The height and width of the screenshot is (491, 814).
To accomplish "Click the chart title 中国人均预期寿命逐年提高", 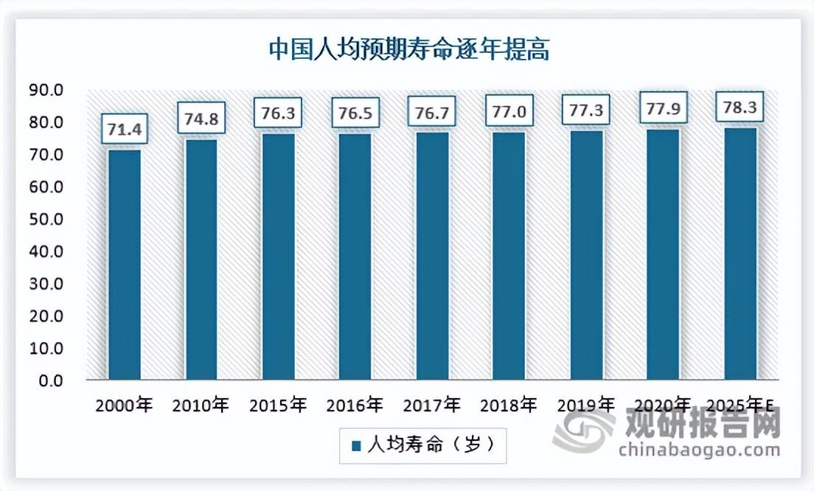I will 408,50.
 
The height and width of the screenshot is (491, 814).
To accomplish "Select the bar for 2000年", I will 125,265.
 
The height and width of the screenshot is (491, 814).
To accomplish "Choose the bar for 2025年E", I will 740,254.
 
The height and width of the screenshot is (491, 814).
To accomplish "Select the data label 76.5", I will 355,114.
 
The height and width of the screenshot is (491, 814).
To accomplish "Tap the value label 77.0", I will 509,113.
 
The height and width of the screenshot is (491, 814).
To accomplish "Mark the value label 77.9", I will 663,110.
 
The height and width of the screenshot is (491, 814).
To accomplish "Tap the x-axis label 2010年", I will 201,405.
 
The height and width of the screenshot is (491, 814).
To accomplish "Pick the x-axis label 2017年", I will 432,405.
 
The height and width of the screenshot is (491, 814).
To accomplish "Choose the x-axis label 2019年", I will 585,405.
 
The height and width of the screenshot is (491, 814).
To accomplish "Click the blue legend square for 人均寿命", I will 356,446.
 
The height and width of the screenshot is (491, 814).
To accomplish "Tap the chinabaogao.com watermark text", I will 699,450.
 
